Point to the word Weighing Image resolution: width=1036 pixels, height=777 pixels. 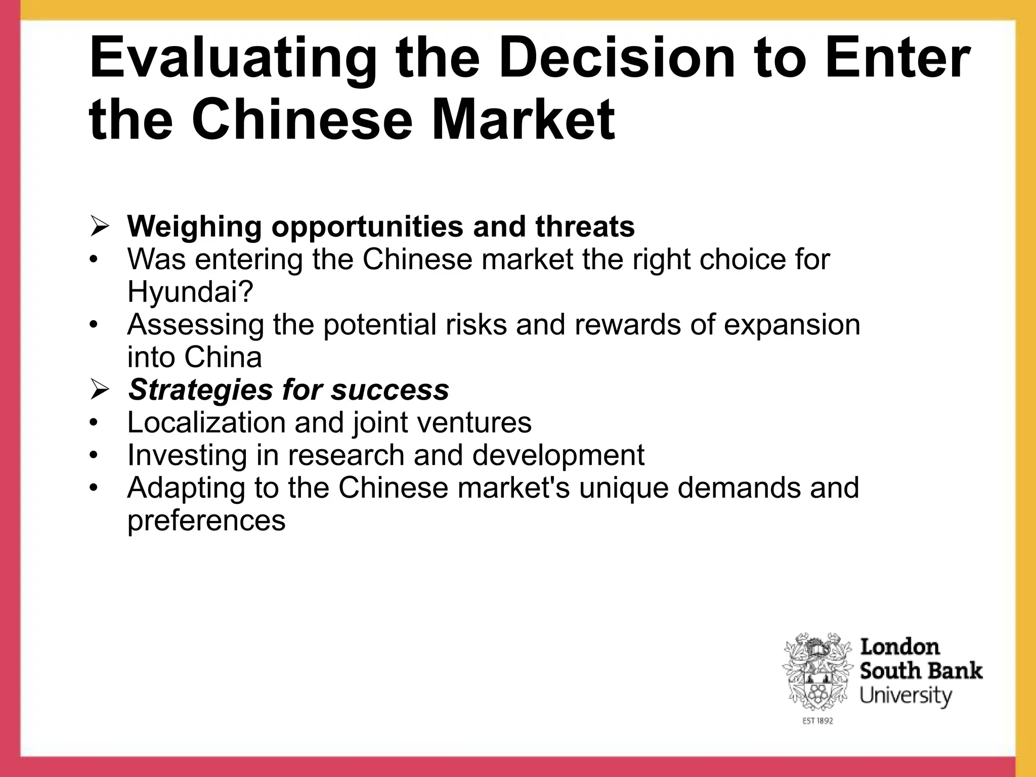(x=195, y=227)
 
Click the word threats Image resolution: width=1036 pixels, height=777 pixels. (x=585, y=226)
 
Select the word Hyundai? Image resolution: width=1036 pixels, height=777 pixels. (x=190, y=292)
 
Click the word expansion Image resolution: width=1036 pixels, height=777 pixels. (x=792, y=325)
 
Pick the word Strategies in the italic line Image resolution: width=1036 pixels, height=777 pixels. (x=200, y=390)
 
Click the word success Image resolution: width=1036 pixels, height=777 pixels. (x=390, y=390)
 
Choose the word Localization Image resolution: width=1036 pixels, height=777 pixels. (x=206, y=422)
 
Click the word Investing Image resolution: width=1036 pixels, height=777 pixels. (x=188, y=455)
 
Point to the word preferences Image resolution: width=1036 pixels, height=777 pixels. (x=206, y=521)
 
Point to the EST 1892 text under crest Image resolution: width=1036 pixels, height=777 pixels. (x=817, y=721)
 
